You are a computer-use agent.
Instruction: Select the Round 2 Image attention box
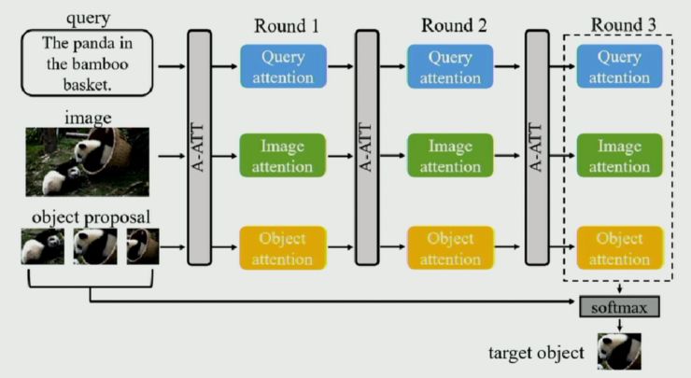pos(450,156)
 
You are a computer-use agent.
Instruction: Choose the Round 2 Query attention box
pos(450,66)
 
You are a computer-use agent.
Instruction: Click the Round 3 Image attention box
pos(619,156)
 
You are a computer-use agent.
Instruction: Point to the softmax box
pos(619,305)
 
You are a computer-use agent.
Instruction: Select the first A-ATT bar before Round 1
pos(199,148)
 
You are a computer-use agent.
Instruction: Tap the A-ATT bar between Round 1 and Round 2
pos(367,148)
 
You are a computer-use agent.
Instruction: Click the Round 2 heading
pos(454,25)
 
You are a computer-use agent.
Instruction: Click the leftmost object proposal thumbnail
pos(43,246)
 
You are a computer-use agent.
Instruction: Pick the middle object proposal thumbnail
pos(95,246)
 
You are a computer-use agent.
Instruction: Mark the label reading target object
pos(536,354)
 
